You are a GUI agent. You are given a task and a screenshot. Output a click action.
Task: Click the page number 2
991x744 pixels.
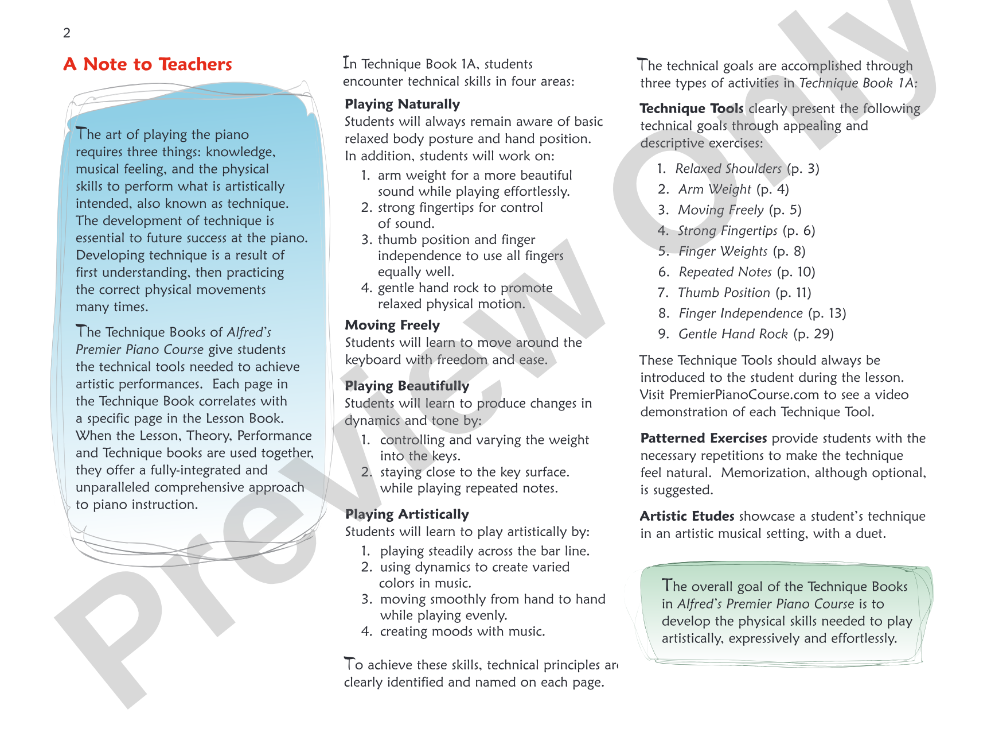coord(67,33)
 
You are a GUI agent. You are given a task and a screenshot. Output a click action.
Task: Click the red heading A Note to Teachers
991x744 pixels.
coord(148,64)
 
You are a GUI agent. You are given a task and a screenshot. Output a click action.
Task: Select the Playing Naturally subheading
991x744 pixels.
coord(402,104)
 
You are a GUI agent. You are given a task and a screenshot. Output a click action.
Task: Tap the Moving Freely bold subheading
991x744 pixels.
coord(392,325)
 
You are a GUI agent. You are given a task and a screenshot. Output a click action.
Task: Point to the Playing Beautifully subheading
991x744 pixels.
coord(407,386)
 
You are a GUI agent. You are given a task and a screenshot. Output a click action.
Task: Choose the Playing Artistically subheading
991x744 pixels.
coord(407,514)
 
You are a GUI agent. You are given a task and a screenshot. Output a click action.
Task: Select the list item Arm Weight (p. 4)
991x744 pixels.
coord(734,189)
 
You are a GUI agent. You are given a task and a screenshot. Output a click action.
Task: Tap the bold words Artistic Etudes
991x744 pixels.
coord(687,516)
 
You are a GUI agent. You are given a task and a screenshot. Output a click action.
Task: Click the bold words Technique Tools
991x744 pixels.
coord(691,108)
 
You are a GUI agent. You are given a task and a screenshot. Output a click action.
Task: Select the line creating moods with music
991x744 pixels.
coord(462,631)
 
